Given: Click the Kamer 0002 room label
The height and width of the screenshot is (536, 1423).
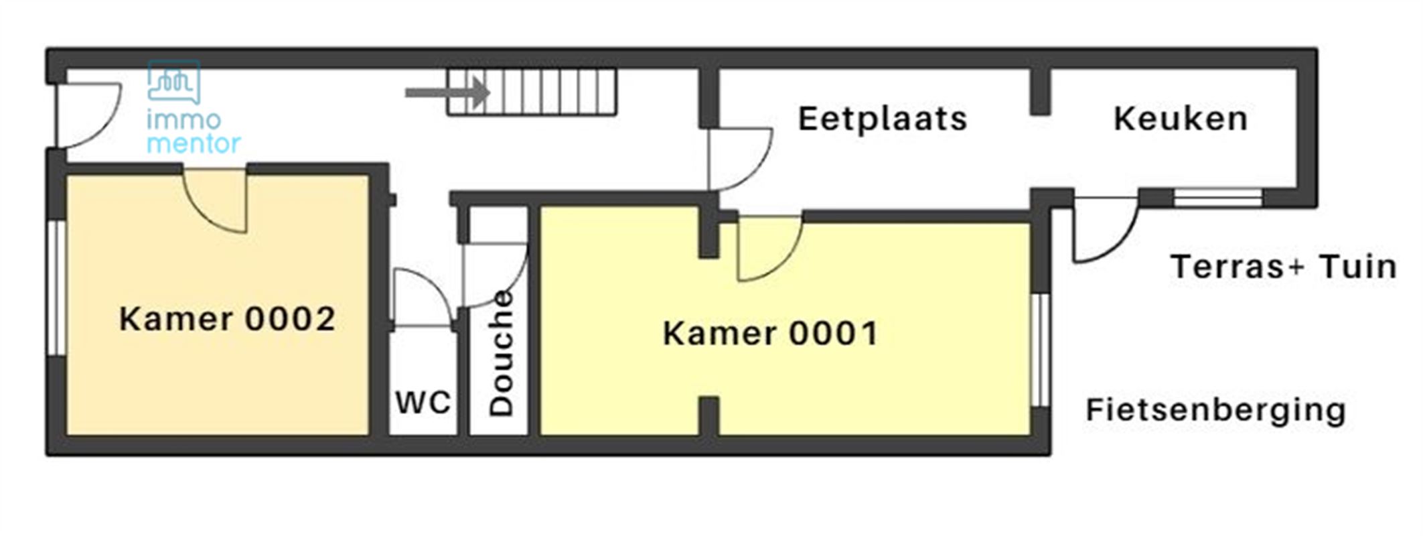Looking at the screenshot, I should pos(227,319).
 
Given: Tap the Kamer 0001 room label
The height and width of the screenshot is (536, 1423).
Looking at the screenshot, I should pos(770,333).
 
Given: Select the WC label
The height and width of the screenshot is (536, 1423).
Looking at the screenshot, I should pos(423,403).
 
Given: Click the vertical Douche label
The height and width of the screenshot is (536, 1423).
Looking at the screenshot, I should pos(501,353).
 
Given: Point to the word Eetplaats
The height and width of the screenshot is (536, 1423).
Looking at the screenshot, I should pos(883,119).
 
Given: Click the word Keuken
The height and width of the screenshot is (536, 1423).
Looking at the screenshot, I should pos(1181,119).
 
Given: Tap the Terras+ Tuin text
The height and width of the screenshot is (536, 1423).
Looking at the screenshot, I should pos(1283,267).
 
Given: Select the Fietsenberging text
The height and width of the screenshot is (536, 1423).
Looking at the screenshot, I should pos(1215,410).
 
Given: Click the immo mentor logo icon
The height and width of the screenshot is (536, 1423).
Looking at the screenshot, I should pos(174,82).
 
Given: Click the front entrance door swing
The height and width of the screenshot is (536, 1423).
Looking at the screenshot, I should pos(87,114).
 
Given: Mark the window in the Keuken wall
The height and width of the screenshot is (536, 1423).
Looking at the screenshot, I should pos(1217,198).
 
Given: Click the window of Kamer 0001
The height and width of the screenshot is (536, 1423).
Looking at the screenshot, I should pos(1040,350).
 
